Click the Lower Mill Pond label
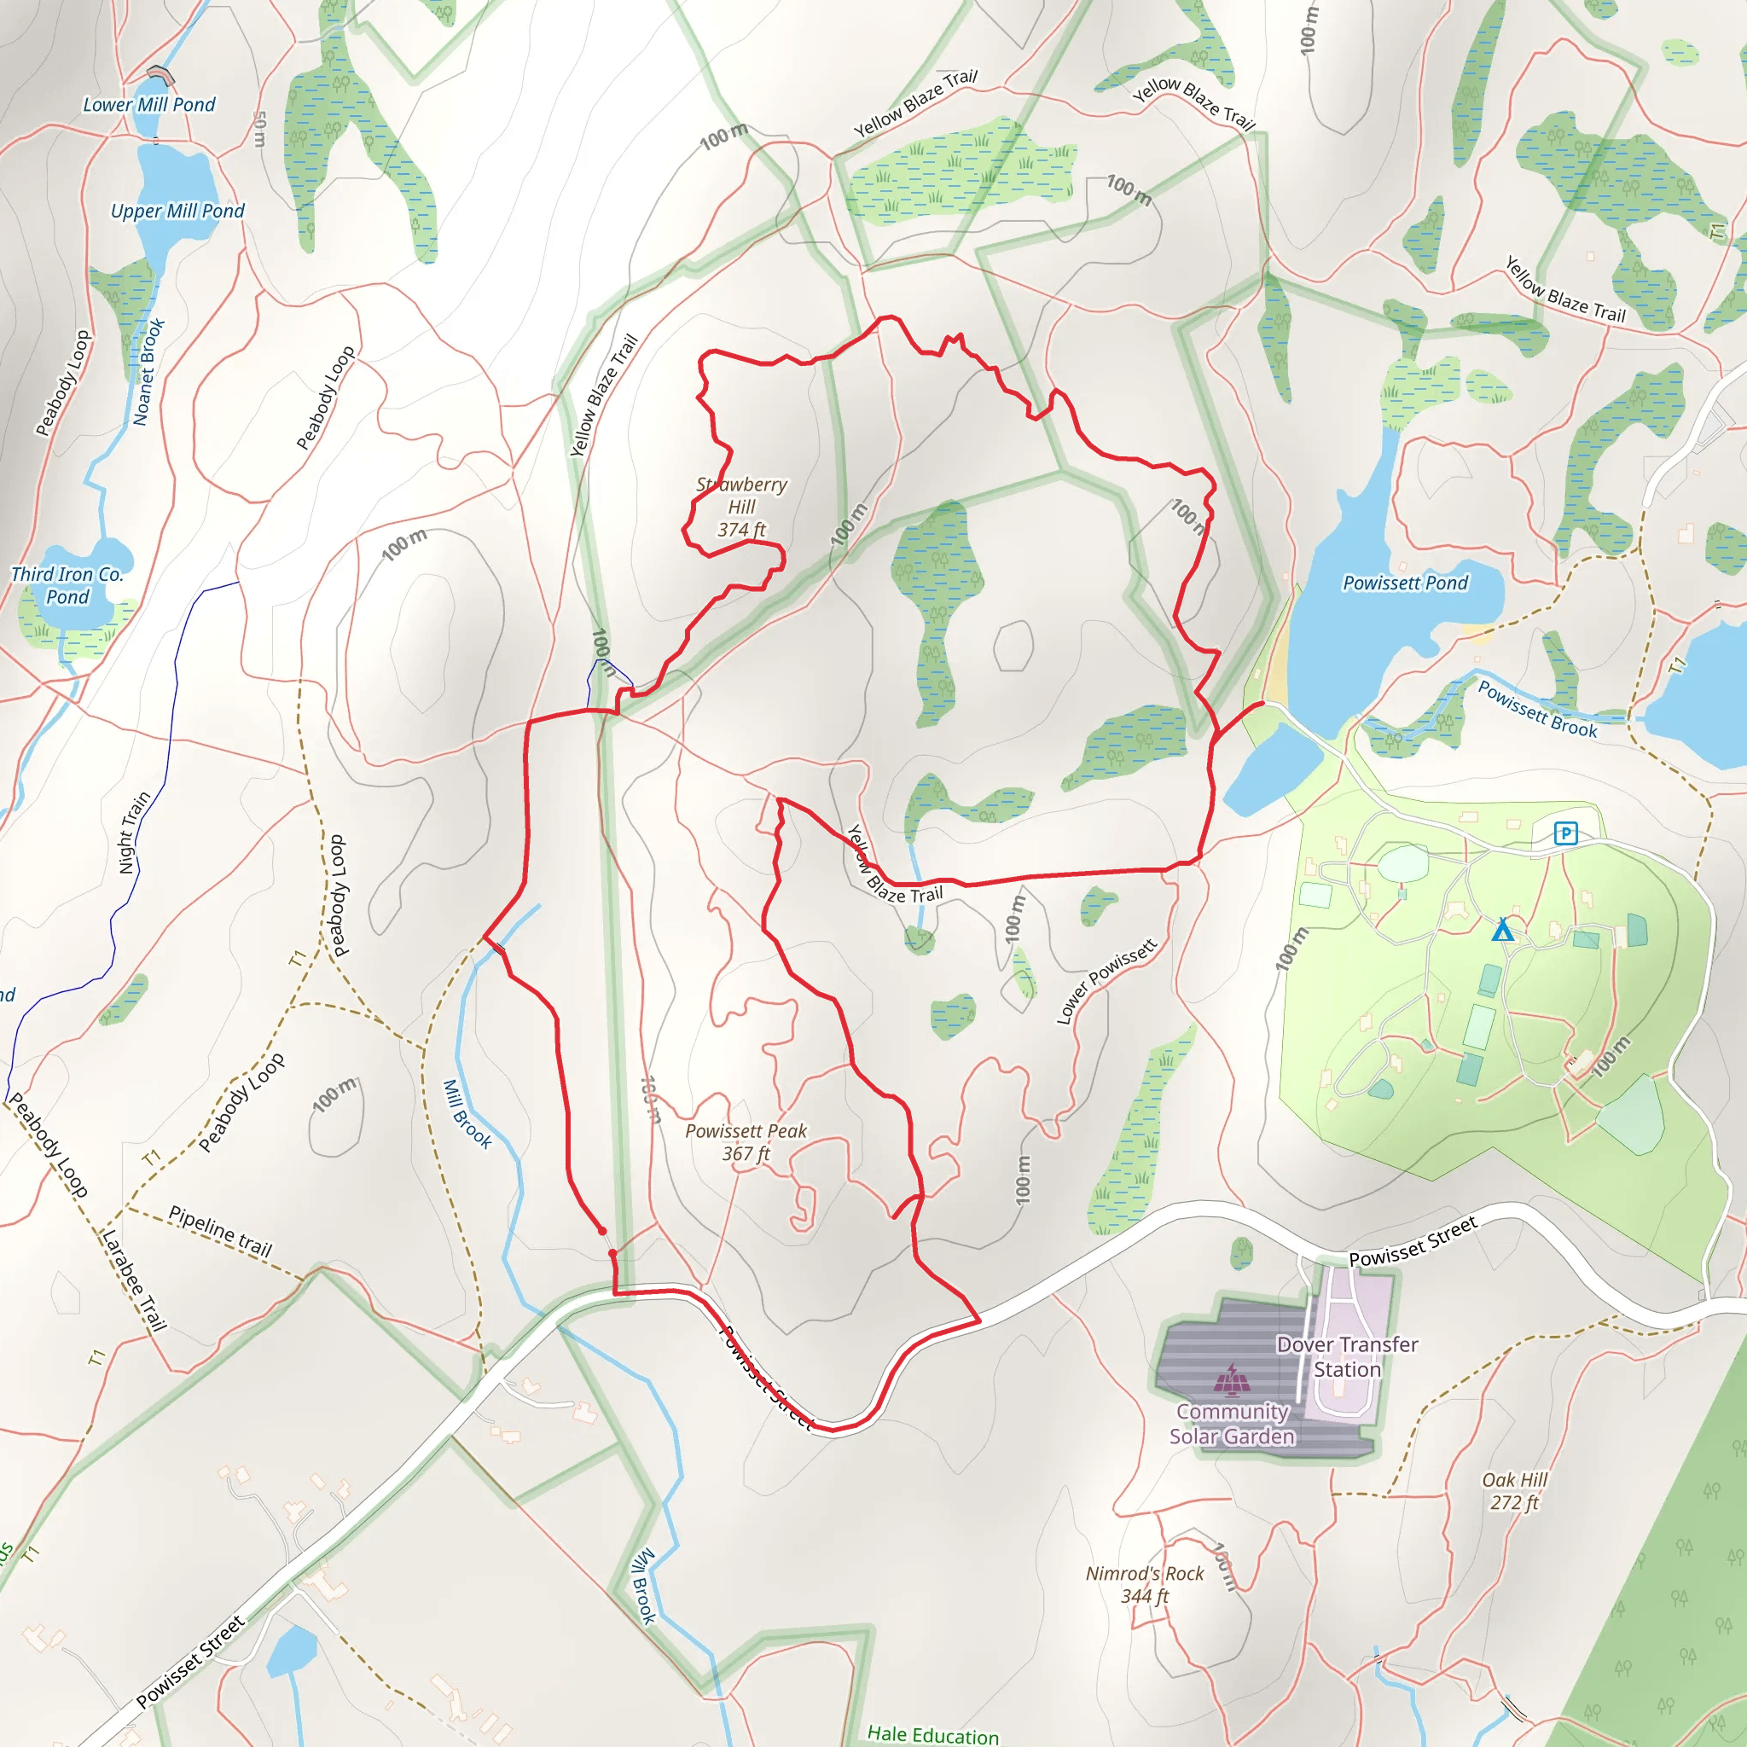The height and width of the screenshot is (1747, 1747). tap(149, 105)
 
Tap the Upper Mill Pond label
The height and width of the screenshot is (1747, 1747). tap(177, 211)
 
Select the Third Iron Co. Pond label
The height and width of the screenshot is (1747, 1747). tap(67, 585)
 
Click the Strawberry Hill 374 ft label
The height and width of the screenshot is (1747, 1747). tap(741, 507)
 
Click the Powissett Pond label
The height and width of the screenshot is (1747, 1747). tap(1405, 583)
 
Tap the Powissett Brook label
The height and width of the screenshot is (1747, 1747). tap(1537, 709)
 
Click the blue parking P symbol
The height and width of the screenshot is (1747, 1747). tap(1565, 833)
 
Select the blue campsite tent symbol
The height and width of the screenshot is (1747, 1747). tap(1502, 929)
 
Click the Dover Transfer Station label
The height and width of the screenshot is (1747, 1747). tap(1346, 1356)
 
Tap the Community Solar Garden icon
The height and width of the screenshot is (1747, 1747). tap(1231, 1380)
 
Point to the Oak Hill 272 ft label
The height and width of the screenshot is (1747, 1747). tap(1515, 1491)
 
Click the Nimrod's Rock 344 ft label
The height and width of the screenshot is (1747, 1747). tap(1145, 1585)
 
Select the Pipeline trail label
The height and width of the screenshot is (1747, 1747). tap(221, 1232)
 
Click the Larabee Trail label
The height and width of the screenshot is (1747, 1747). tap(134, 1280)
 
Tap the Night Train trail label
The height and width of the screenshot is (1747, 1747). tap(134, 833)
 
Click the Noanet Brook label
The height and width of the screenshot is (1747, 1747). tap(149, 372)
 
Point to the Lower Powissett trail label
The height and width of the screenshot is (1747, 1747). tap(1106, 982)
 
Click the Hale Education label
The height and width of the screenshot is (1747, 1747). tap(933, 1734)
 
